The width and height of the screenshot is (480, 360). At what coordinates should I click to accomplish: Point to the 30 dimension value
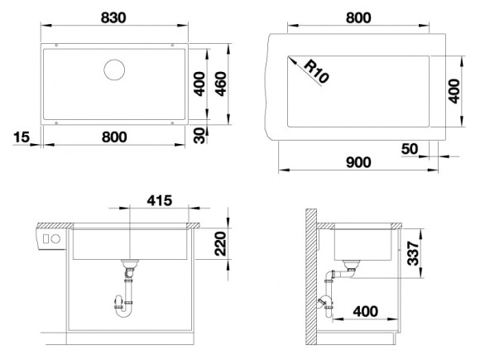coord(199,136)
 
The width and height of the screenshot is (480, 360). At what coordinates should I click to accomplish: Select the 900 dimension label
coord(357,162)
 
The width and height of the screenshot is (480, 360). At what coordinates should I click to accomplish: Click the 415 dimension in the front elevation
coord(159,199)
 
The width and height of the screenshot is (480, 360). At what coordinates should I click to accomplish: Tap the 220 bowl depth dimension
coord(220,243)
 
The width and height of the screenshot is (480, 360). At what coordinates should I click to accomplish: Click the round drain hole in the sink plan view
coord(114,70)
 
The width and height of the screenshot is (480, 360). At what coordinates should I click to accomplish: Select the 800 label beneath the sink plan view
coord(114,137)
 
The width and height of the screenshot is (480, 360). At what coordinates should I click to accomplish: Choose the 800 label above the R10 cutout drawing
coord(358,17)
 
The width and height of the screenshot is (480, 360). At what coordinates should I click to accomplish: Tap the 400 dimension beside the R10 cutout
coord(453,91)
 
